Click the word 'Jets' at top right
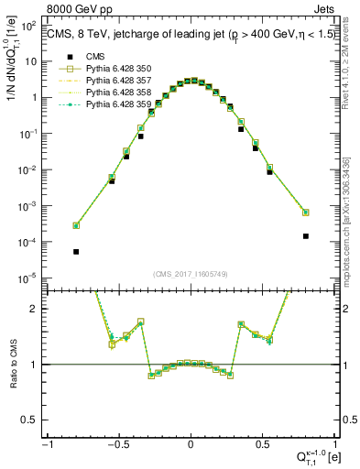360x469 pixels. [x=324, y=11]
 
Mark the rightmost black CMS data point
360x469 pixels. [x=305, y=235]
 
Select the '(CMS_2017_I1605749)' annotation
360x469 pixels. [x=191, y=274]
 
